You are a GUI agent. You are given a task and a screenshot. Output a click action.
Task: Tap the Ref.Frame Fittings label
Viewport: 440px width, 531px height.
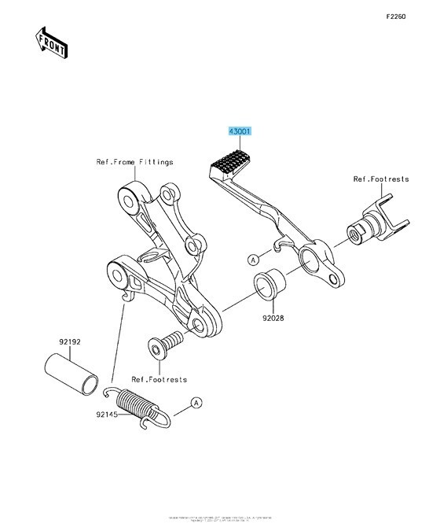point(135,162)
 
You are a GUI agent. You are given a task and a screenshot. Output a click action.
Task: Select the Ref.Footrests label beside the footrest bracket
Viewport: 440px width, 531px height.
point(381,179)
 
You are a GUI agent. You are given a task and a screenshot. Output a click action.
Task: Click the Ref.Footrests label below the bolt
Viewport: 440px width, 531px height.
point(159,379)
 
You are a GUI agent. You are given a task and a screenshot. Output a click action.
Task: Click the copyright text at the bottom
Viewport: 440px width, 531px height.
point(220,518)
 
